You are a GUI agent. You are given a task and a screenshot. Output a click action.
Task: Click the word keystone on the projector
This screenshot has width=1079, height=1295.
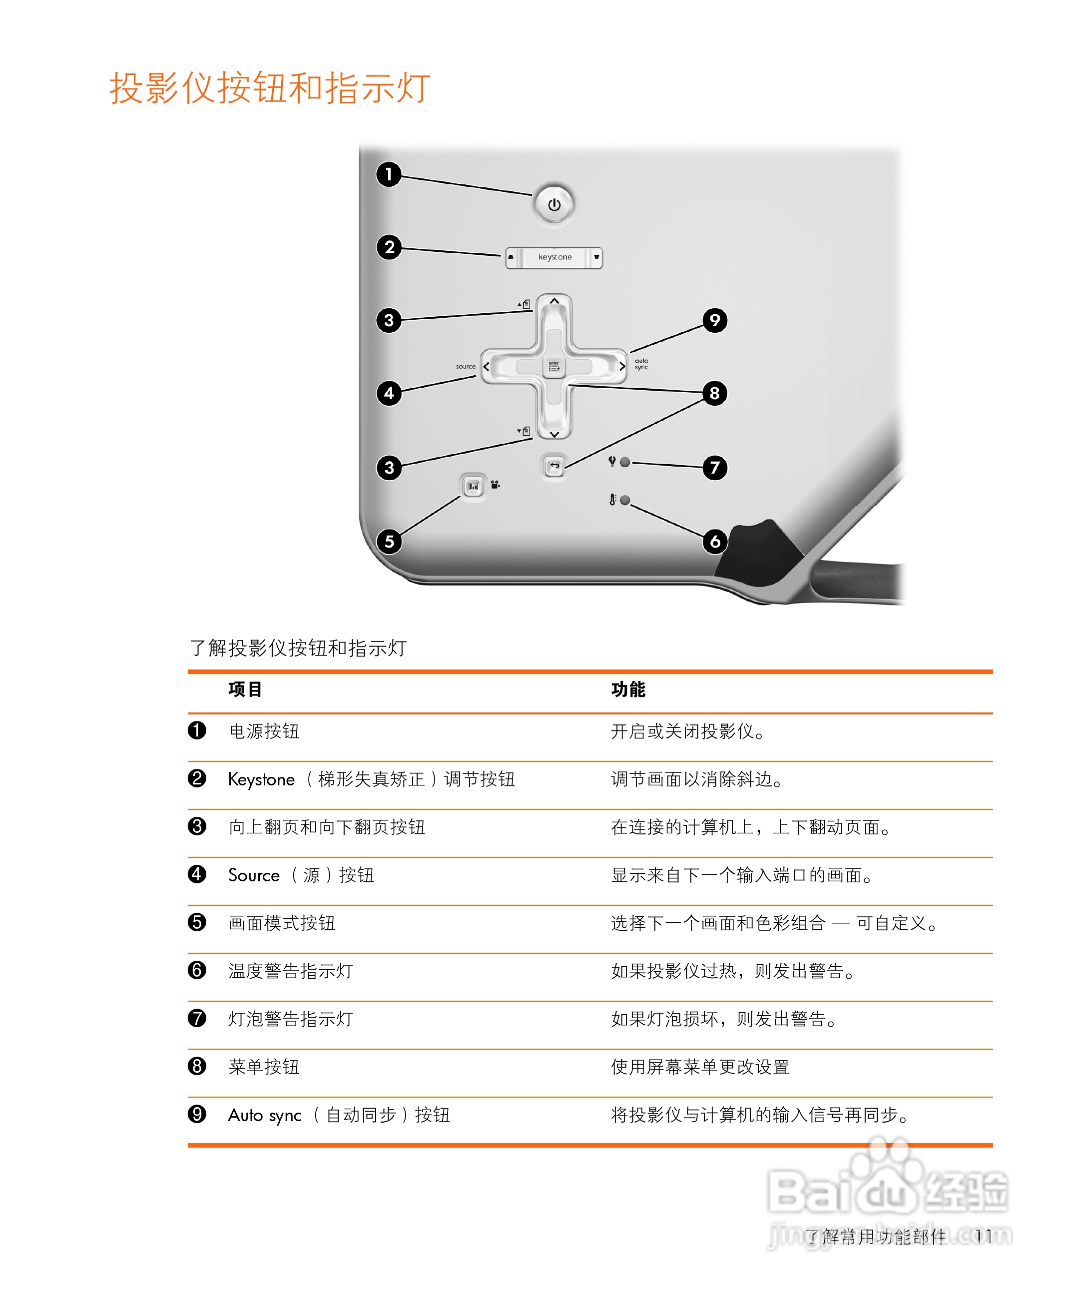pos(554,257)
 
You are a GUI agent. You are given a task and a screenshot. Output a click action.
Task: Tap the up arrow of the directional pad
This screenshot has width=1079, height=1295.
pos(554,301)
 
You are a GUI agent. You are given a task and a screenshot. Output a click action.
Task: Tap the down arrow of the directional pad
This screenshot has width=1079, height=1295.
pos(554,434)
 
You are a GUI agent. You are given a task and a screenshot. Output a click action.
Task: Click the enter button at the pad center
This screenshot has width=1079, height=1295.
pos(553,367)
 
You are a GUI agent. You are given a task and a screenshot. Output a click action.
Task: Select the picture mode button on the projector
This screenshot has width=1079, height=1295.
pos(473,487)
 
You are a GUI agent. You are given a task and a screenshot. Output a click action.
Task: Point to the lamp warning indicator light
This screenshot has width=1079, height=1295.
pos(624,462)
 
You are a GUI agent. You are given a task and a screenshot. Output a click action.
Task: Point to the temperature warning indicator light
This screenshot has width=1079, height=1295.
pos(624,500)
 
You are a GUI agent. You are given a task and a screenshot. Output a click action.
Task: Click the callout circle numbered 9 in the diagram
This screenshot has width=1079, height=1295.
pos(715,320)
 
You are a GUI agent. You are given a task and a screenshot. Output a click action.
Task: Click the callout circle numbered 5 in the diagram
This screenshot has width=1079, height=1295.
pos(389,542)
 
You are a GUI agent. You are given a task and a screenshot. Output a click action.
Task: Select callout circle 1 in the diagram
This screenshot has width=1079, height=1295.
pos(389,174)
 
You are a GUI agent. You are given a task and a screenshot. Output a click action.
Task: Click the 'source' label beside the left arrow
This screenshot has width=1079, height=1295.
pos(466,366)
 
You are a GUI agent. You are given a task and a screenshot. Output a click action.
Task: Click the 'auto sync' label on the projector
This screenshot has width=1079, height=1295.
pos(641,364)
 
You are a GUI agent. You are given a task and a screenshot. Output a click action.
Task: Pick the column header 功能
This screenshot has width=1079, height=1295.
pos(628,689)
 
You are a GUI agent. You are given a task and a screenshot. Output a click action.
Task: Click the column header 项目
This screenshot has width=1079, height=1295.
pos(245,689)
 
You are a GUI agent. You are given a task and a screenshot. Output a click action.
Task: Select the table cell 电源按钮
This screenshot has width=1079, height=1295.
pos(264,731)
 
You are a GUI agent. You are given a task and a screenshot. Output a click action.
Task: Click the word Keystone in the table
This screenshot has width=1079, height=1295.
pos(261,779)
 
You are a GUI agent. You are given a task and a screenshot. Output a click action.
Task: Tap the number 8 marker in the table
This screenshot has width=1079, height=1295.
pos(197,1066)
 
